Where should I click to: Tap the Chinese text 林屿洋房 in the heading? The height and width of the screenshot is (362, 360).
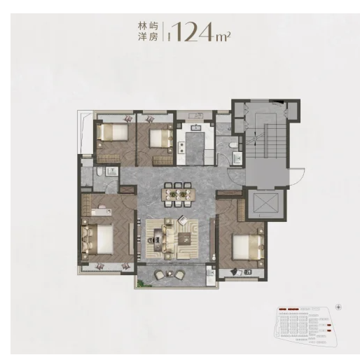[148, 32]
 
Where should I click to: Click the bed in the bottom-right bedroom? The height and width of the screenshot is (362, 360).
[246, 247]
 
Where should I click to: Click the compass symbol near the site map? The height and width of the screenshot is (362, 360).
[338, 306]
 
